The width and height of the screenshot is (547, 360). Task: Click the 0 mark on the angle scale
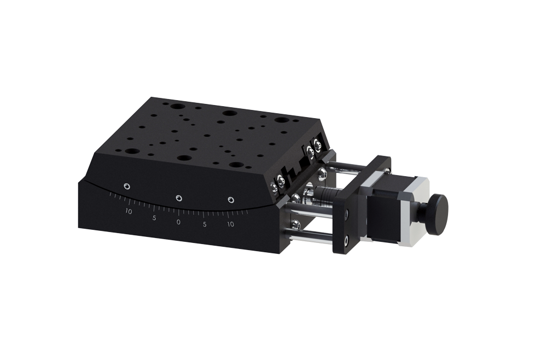[179, 222]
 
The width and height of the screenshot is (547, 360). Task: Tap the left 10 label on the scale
[129, 211]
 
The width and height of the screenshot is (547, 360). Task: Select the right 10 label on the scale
[230, 224]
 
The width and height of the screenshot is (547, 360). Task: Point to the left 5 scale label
[154, 218]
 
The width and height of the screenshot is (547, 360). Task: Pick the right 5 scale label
[205, 224]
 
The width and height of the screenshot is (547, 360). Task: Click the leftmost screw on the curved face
[127, 186]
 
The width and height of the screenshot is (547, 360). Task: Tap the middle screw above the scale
[179, 198]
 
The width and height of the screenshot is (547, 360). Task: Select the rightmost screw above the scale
[230, 200]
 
